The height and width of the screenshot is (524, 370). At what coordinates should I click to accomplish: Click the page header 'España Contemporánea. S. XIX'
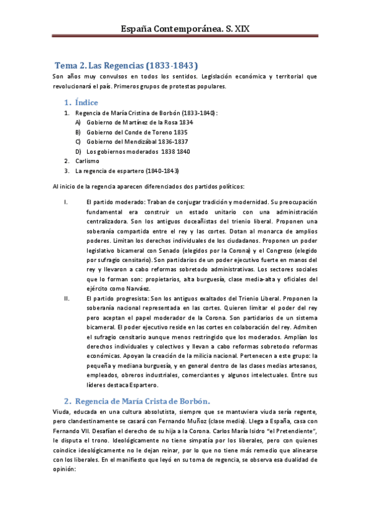(x=184, y=28)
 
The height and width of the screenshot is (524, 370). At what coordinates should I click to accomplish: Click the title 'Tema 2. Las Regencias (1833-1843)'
(x=127, y=65)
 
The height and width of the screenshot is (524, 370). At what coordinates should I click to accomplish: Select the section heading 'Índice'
(x=86, y=102)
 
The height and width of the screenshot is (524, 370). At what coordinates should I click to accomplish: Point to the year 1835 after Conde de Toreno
(x=180, y=132)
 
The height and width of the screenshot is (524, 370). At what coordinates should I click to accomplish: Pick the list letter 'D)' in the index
(x=78, y=151)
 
